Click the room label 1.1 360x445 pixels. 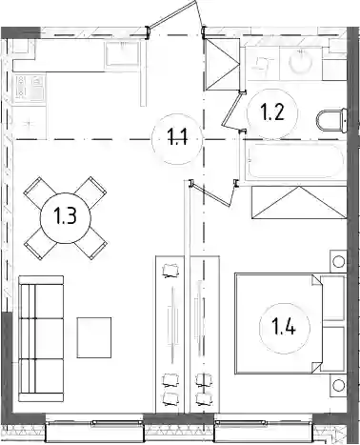tap(177, 138)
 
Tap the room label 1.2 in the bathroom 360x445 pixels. tap(272, 112)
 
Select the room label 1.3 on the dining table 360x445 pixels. tap(66, 217)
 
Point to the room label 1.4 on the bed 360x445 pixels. tap(285, 328)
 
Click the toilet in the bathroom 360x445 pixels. tap(331, 120)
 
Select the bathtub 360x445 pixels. tap(296, 161)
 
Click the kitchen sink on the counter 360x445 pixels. tap(123, 53)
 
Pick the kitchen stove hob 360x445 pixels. tap(30, 88)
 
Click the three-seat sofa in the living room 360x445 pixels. tap(41, 338)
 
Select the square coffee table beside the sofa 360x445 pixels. tap(94, 337)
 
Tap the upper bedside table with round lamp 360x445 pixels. tap(338, 261)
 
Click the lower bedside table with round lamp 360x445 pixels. tap(338, 385)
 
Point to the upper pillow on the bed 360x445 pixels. tap(332, 298)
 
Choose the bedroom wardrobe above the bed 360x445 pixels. tap(299, 203)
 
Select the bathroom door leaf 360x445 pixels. tap(230, 110)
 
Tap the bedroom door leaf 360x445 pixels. tap(212, 194)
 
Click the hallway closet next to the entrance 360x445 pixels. tap(223, 64)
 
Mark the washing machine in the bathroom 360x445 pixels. tap(263, 63)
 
